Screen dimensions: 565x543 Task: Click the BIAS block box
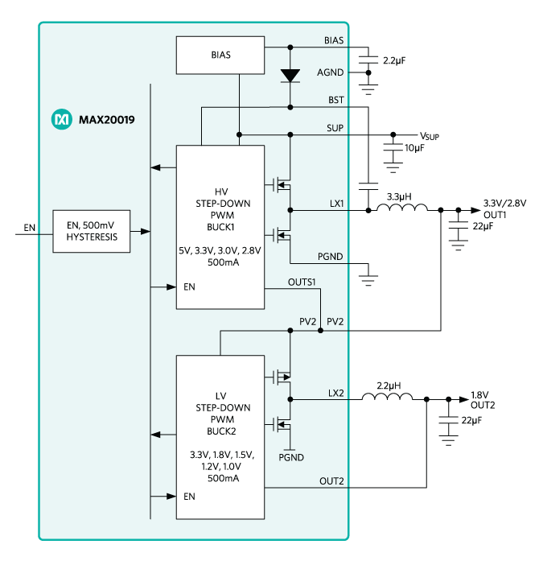(220, 55)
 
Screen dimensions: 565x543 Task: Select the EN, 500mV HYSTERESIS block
(91, 231)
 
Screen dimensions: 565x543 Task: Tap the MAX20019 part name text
(106, 120)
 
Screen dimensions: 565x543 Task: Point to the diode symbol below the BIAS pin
(290, 76)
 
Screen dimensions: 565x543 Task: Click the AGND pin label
(330, 72)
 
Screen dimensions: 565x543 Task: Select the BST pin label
(335, 101)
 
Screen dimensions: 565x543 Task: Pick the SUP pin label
(335, 128)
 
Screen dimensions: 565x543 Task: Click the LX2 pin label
(335, 393)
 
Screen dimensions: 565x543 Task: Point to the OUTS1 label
(302, 282)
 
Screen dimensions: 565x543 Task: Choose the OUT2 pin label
(331, 481)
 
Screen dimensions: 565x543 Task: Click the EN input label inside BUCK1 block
(189, 287)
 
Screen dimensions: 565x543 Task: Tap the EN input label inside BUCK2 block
(189, 497)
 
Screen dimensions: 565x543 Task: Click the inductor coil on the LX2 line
(387, 398)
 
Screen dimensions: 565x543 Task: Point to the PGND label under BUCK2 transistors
(290, 457)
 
